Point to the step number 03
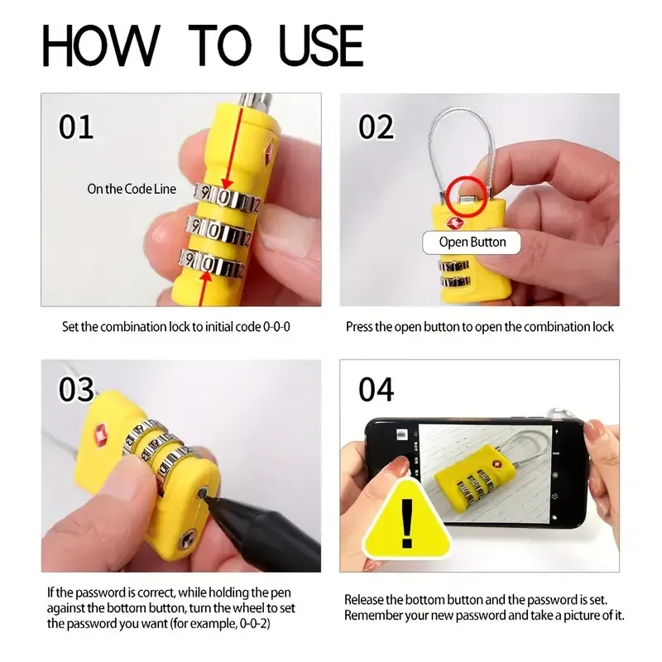(x=76, y=389)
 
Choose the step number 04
(x=377, y=389)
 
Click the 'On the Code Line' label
(x=132, y=189)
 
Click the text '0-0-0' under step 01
(x=276, y=327)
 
